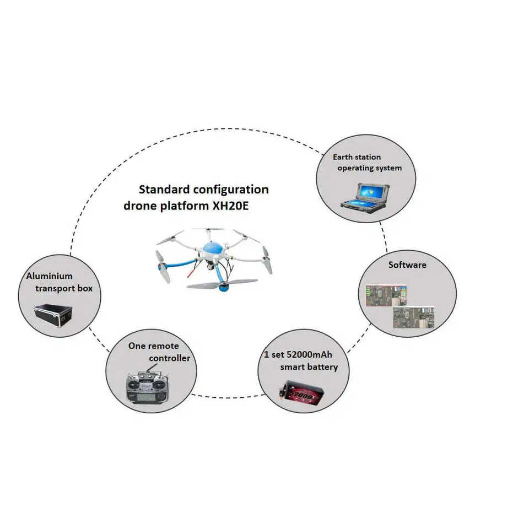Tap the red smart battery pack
[x=303, y=393]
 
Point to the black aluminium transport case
[x=53, y=316]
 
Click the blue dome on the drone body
[x=212, y=249]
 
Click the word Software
[x=407, y=264]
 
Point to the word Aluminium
[x=50, y=276]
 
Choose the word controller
[x=169, y=358]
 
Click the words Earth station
[x=357, y=157]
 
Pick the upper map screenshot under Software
[x=386, y=295]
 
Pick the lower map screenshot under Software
[x=413, y=317]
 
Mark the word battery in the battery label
[x=323, y=367]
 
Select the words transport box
[x=64, y=288]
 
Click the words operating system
[x=369, y=168]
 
